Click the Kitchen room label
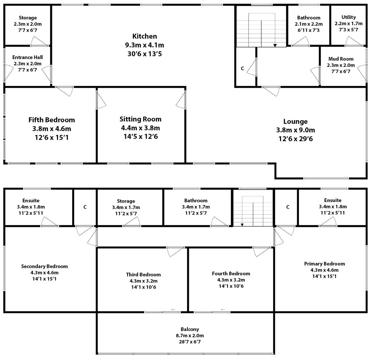[x=144, y=36]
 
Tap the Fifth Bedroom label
[x=52, y=120]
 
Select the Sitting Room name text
[x=140, y=119]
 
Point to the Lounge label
[x=295, y=122]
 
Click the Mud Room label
[x=341, y=59]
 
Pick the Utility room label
[x=349, y=17]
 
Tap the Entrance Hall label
[x=28, y=57]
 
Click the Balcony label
[x=190, y=329]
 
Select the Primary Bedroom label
[x=324, y=264]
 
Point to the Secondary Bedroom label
[x=44, y=266]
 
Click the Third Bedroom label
[x=143, y=275]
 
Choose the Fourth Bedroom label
[x=231, y=274]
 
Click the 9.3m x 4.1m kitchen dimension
[x=144, y=45]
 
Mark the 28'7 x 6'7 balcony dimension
[x=190, y=342]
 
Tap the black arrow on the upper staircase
[x=275, y=45]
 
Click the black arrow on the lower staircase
[x=242, y=225]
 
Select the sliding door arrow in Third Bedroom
[x=173, y=310]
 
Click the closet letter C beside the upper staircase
[x=242, y=68]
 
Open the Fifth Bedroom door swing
[x=65, y=91]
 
